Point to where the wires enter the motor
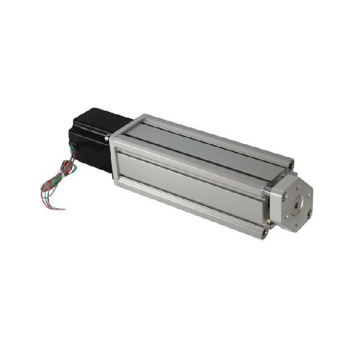click(74, 149)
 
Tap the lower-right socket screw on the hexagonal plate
click(308, 213)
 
